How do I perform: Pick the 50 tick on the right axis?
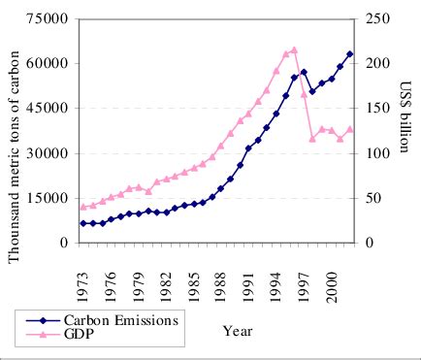[375, 198]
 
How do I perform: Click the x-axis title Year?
[237, 331]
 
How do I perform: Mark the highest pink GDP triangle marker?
[294, 49]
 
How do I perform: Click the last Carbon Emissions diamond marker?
[349, 54]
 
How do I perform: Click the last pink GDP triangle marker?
[349, 129]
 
